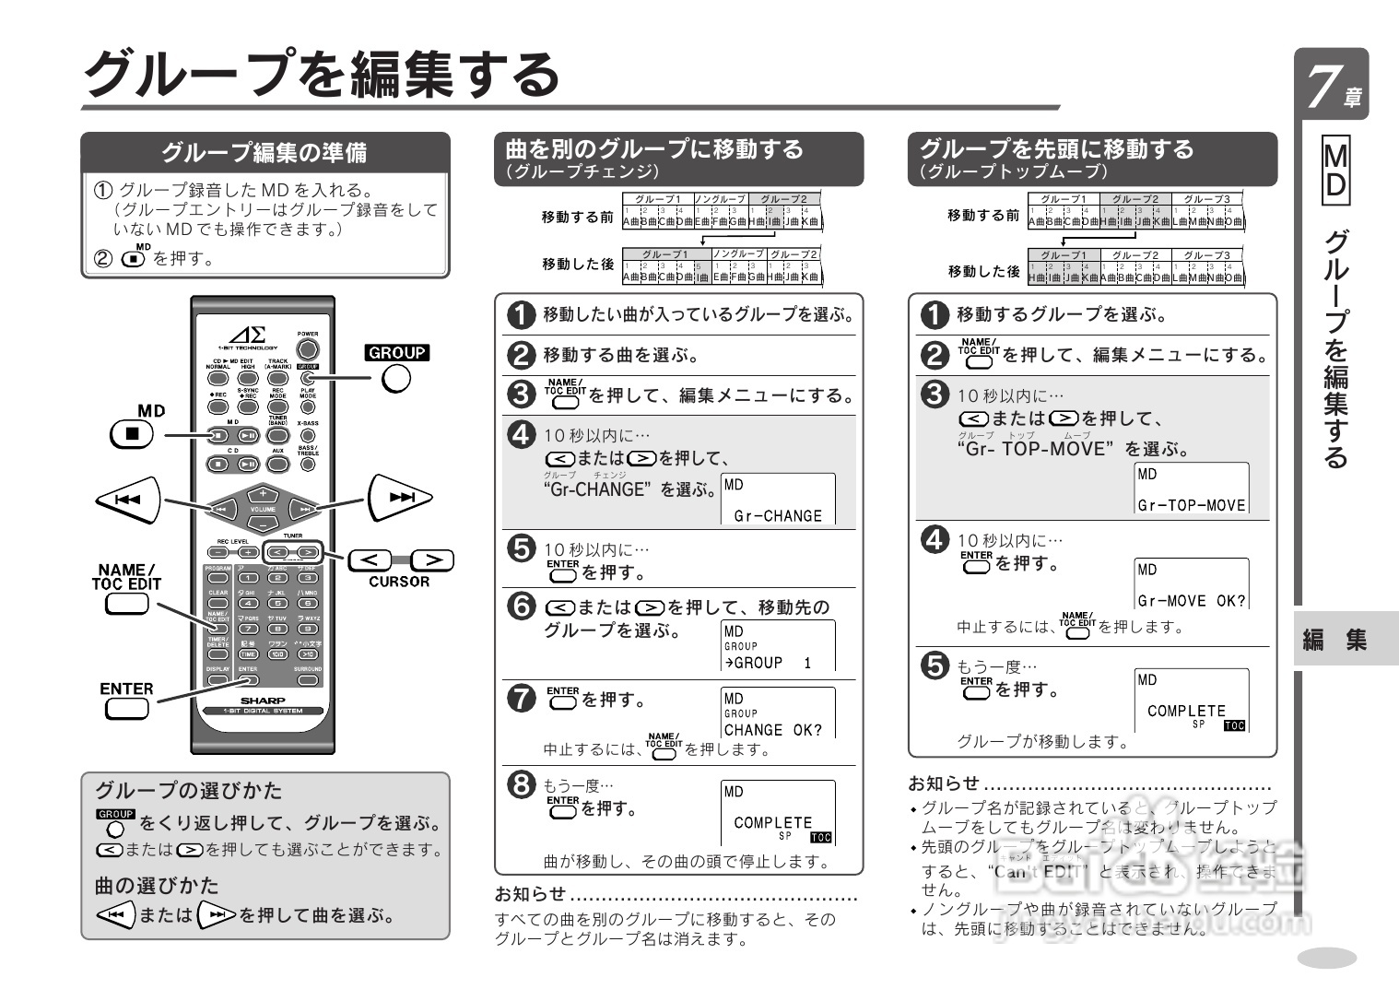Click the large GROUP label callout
click(x=397, y=352)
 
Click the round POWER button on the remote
click(x=308, y=349)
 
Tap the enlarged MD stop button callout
click(x=133, y=433)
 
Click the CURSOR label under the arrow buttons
click(x=399, y=582)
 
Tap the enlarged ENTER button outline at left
click(x=127, y=709)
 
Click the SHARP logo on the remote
click(x=263, y=701)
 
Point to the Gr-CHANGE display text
click(x=777, y=516)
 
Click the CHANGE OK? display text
click(x=772, y=730)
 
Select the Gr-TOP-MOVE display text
click(x=1191, y=505)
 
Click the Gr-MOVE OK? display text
click(x=1191, y=601)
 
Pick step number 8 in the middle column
click(x=522, y=784)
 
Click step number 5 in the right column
click(x=935, y=665)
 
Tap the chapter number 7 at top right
click(x=1323, y=86)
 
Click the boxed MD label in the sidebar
click(x=1334, y=171)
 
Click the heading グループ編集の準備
click(x=265, y=152)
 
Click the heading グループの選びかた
click(x=188, y=790)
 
